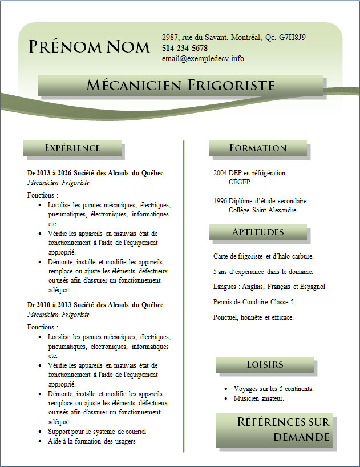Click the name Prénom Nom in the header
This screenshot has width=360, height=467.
[89, 46]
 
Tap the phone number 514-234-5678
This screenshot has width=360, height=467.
[185, 48]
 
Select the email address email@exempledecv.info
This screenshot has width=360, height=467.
[203, 58]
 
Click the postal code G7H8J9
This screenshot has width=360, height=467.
[292, 37]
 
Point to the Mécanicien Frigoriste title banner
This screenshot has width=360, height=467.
[181, 86]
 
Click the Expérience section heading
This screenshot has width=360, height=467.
[72, 148]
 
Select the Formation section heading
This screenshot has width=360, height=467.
[258, 148]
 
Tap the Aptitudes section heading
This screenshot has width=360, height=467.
[258, 232]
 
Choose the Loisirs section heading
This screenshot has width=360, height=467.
[265, 364]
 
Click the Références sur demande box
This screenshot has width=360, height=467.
[274, 429]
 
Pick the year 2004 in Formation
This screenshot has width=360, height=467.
[220, 173]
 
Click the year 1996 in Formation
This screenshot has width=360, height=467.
[220, 201]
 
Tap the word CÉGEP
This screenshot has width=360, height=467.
[239, 182]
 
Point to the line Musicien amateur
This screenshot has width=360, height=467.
[258, 398]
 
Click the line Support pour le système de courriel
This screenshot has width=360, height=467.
[97, 431]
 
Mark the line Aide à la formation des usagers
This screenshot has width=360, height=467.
[91, 441]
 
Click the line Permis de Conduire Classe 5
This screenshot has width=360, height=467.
[254, 301]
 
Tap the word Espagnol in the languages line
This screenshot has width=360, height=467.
[313, 287]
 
